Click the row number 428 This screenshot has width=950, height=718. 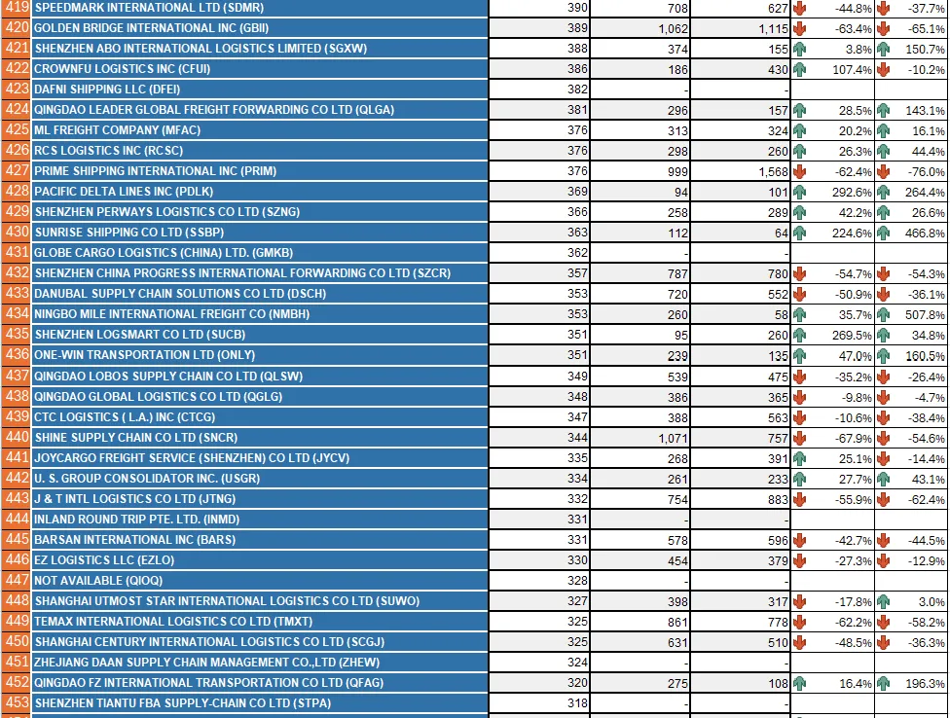[x=17, y=192]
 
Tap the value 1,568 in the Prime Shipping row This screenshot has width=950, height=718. [x=768, y=171]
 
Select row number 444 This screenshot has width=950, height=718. [x=17, y=520]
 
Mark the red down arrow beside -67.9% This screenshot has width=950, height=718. [x=800, y=438]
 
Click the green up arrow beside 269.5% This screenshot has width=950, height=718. [x=800, y=335]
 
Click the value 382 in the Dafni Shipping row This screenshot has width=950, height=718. [x=577, y=90]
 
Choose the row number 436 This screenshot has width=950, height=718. [x=17, y=355]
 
